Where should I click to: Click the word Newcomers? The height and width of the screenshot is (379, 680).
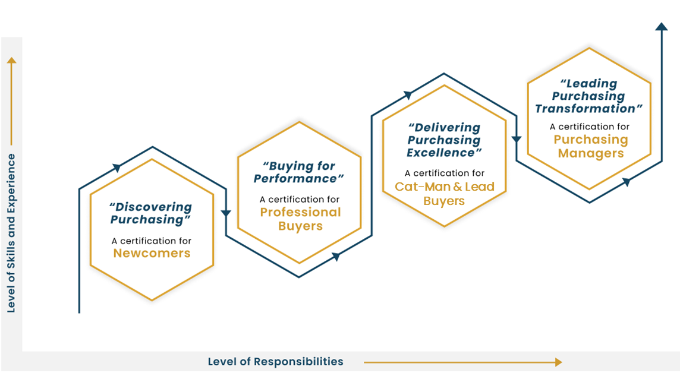point(152,254)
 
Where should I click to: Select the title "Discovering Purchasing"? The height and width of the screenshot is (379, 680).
point(151,213)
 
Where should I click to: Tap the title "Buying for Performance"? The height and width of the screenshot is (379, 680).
point(299,172)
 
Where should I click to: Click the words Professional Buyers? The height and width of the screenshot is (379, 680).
point(300,219)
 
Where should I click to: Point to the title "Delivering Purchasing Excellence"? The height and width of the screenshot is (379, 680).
point(444,140)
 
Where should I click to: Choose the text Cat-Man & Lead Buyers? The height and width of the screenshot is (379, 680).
point(445,194)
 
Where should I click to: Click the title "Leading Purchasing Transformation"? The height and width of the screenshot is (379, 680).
point(589,96)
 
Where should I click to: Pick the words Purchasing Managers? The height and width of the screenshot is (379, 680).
point(591,146)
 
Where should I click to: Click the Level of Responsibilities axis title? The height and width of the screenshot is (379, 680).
point(275,361)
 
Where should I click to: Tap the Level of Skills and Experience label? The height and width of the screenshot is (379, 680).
point(11,233)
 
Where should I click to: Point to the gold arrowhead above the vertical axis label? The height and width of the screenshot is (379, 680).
point(11,61)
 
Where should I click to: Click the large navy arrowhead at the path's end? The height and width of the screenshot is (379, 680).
point(661,26)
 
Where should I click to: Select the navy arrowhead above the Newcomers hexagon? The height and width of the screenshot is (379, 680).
point(118,168)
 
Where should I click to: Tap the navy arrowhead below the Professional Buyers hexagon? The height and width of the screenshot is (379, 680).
point(336,257)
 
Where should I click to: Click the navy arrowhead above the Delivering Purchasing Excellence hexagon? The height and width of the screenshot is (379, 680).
point(408,95)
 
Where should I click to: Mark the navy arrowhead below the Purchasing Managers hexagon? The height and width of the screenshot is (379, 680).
point(626,182)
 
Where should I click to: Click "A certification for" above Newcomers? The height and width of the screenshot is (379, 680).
point(152,241)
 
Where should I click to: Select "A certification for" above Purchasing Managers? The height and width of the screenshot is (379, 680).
point(590,127)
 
